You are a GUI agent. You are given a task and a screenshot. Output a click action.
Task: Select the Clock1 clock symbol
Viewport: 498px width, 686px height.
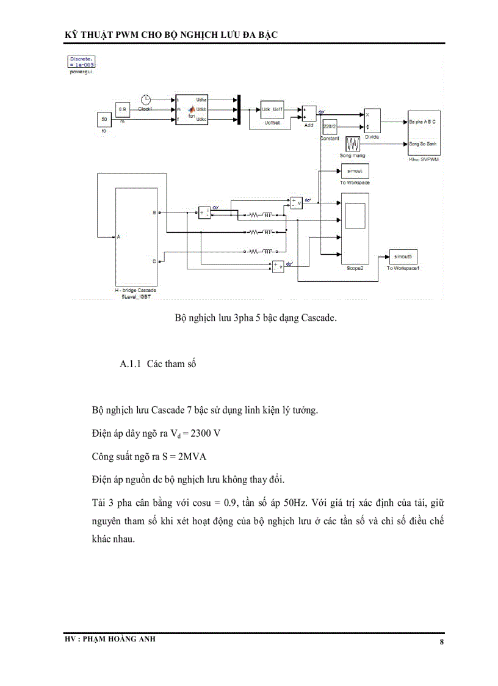[x=145, y=100]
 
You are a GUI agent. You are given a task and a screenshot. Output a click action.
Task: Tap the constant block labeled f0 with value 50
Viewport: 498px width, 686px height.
[x=104, y=119]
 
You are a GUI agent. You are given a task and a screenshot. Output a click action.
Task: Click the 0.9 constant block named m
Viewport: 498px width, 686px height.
[x=123, y=110]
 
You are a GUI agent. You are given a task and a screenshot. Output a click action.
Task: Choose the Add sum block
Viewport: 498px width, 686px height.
[x=308, y=114]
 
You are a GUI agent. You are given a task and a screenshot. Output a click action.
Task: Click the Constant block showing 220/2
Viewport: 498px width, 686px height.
[x=330, y=126]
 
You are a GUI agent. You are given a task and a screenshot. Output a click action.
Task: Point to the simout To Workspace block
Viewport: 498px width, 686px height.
[x=355, y=172]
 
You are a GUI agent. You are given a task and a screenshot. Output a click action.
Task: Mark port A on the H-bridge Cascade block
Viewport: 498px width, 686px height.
[x=118, y=237]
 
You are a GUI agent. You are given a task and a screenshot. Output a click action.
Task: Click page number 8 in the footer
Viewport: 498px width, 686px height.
[x=441, y=642]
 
